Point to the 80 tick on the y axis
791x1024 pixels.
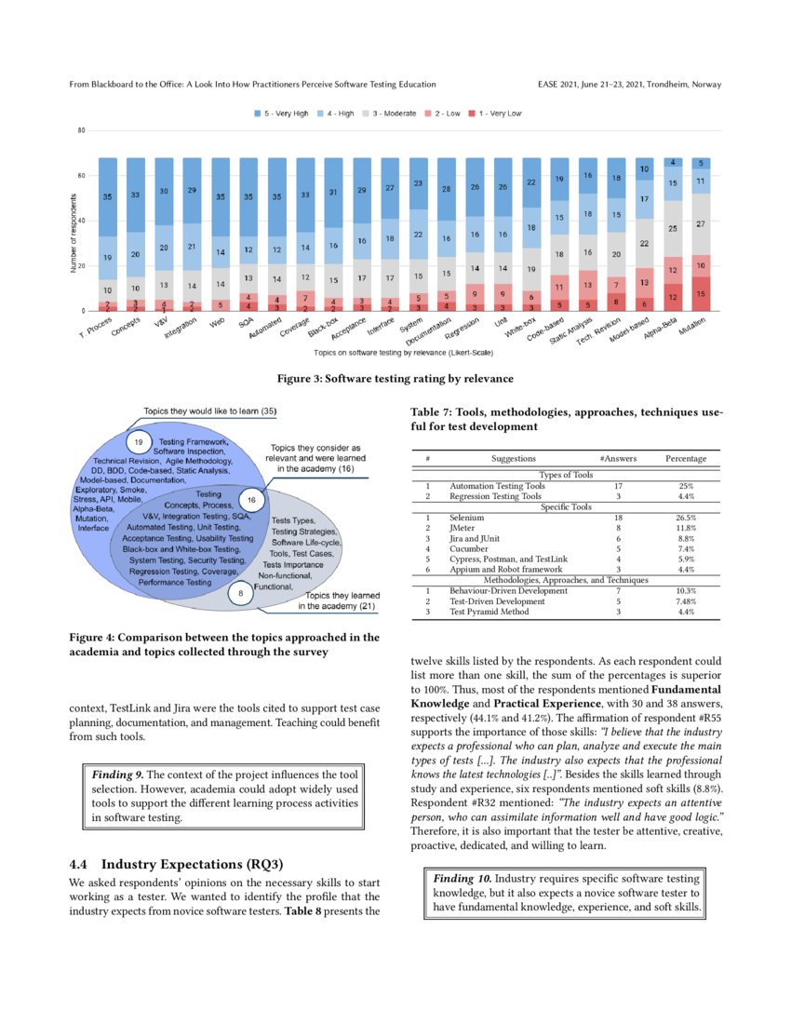point(81,131)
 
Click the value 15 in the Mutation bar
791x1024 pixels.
point(700,294)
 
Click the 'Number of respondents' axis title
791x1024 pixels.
point(74,233)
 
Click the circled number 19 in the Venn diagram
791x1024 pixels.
point(138,441)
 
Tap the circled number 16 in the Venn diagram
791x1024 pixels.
point(252,501)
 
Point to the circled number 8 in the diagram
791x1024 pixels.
point(240,592)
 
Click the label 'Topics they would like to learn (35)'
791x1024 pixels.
point(209,411)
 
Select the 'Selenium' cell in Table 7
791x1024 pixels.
point(467,517)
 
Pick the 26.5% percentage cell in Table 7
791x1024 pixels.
point(685,517)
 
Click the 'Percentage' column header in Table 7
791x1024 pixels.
point(685,459)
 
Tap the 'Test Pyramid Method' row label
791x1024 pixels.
point(489,612)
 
